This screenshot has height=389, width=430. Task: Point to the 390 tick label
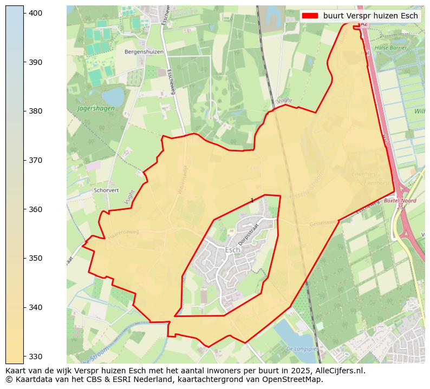pyautogui.click(x=36, y=62)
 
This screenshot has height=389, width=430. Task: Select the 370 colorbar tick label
pyautogui.click(x=36, y=160)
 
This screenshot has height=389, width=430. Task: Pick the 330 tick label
pyautogui.click(x=36, y=356)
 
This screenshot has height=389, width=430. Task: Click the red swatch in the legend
pyautogui.click(x=311, y=16)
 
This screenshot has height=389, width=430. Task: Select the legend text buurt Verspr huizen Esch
pyautogui.click(x=370, y=16)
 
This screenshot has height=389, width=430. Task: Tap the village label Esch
pyautogui.click(x=232, y=250)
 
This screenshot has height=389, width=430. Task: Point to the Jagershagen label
pyautogui.click(x=96, y=108)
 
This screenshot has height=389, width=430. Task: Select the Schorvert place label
pyautogui.click(x=106, y=190)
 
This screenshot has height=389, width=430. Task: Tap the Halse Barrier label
pyautogui.click(x=390, y=48)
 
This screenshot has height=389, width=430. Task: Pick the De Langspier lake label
pyautogui.click(x=301, y=349)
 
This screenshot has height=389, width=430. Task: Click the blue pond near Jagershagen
pyautogui.click(x=113, y=97)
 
